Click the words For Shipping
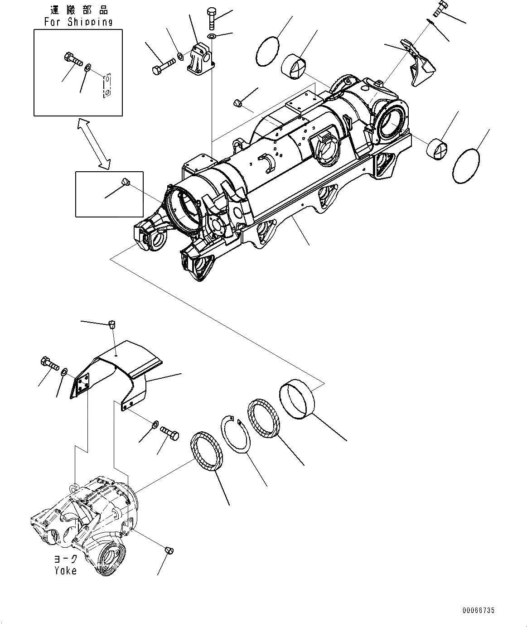(78, 22)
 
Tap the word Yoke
(66, 570)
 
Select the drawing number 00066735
(478, 611)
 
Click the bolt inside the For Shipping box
(72, 59)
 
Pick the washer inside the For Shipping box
(87, 67)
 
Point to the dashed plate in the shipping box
(106, 86)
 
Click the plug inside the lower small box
(126, 182)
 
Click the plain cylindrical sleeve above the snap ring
(297, 399)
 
